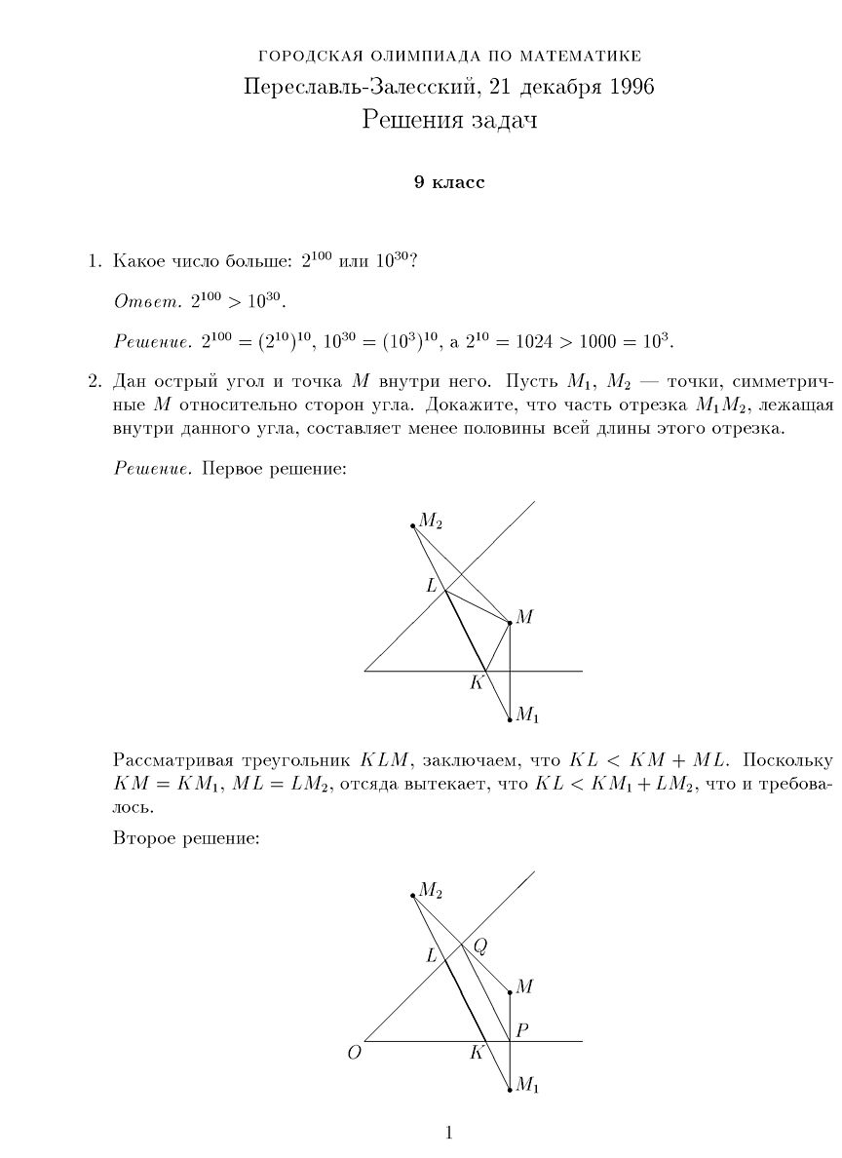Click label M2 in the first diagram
[431, 521]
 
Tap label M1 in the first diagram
[527, 716]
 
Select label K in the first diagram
[477, 682]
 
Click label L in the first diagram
[432, 585]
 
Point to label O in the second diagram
[354, 1053]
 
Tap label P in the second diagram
[522, 1029]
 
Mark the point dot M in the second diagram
[510, 992]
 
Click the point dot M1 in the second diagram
[510, 1090]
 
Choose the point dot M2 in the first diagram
[413, 525]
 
